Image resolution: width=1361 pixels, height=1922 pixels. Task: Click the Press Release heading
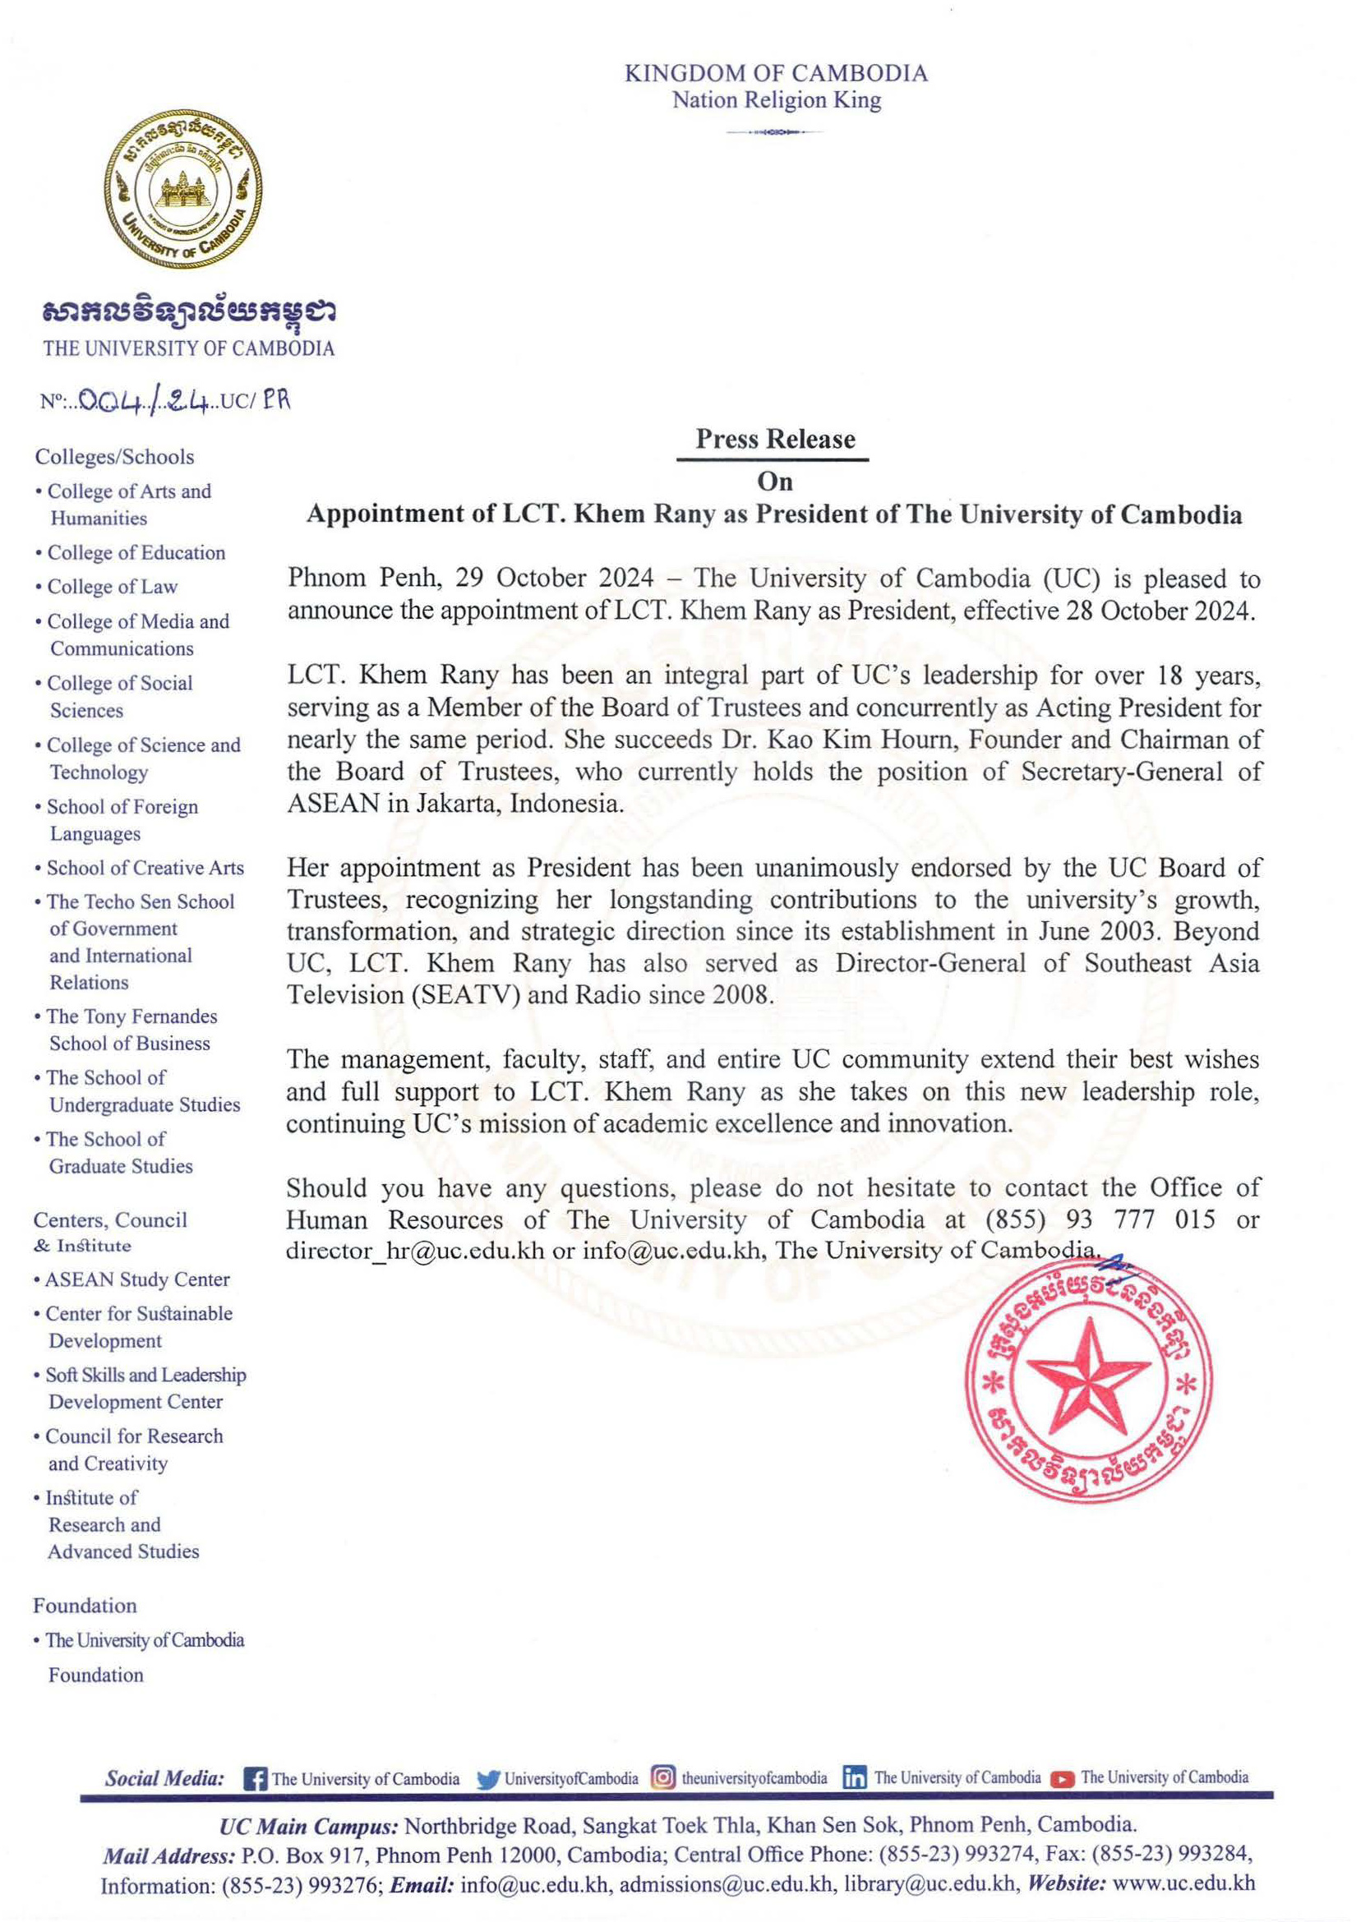tap(774, 439)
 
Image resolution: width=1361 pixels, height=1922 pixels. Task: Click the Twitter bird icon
tap(487, 1778)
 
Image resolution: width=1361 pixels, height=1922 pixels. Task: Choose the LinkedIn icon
tap(855, 1778)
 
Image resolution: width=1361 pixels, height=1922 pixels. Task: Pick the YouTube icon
tap(1063, 1778)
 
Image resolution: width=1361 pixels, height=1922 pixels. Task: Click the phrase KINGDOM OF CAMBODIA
tap(776, 74)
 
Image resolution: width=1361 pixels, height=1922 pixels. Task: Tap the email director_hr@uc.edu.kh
tap(415, 1250)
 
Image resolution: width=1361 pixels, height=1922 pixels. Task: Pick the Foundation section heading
tap(85, 1606)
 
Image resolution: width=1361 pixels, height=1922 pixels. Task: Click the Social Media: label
tap(164, 1778)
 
